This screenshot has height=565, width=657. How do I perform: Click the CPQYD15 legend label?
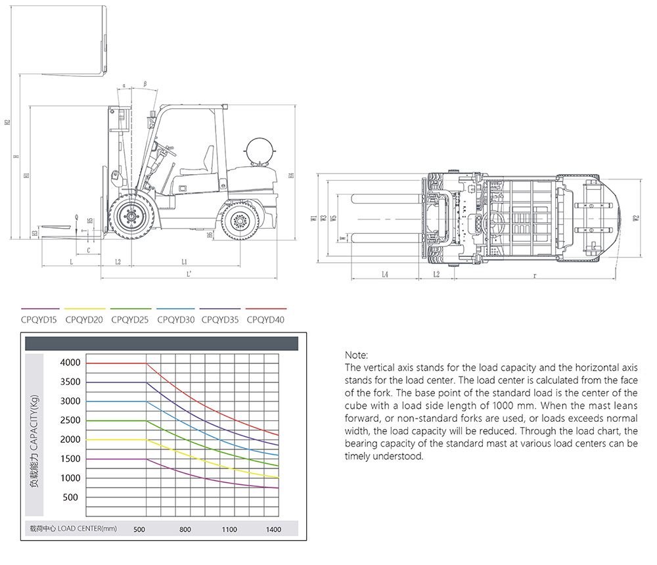click(39, 320)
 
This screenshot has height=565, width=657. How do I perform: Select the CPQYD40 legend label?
click(265, 320)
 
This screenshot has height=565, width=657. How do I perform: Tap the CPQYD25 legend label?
click(129, 320)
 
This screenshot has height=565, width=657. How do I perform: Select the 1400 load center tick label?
click(273, 530)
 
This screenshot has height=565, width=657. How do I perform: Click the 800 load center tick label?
click(185, 530)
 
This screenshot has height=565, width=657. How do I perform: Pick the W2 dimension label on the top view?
click(637, 219)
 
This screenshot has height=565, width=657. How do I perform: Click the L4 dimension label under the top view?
click(385, 274)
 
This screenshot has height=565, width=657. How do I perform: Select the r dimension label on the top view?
click(535, 274)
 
